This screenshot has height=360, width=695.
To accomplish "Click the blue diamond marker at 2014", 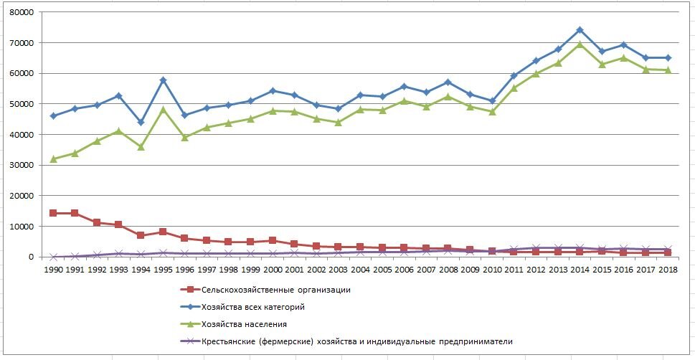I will pos(580,30).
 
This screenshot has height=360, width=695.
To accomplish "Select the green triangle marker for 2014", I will pos(580,44).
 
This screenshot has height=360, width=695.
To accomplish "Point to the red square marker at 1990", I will pos(53,213).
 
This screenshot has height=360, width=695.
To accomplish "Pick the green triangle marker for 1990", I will pos(53,159).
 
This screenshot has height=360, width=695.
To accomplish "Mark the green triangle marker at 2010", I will pos(492,112).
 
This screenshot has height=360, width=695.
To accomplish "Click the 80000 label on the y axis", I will pos(22,13).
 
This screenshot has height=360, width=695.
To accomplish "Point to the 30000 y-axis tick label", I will pos(22,165).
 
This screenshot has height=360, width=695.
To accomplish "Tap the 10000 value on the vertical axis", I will pos(22,227).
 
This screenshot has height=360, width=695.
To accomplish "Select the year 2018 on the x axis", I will pos(667,269).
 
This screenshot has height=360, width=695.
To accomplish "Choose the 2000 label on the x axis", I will pos(273,269).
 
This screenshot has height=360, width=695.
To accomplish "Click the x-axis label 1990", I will pos(53,269).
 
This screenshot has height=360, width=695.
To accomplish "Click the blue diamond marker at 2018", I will pos(667,57).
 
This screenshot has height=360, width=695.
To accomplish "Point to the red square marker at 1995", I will pos(163,232).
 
